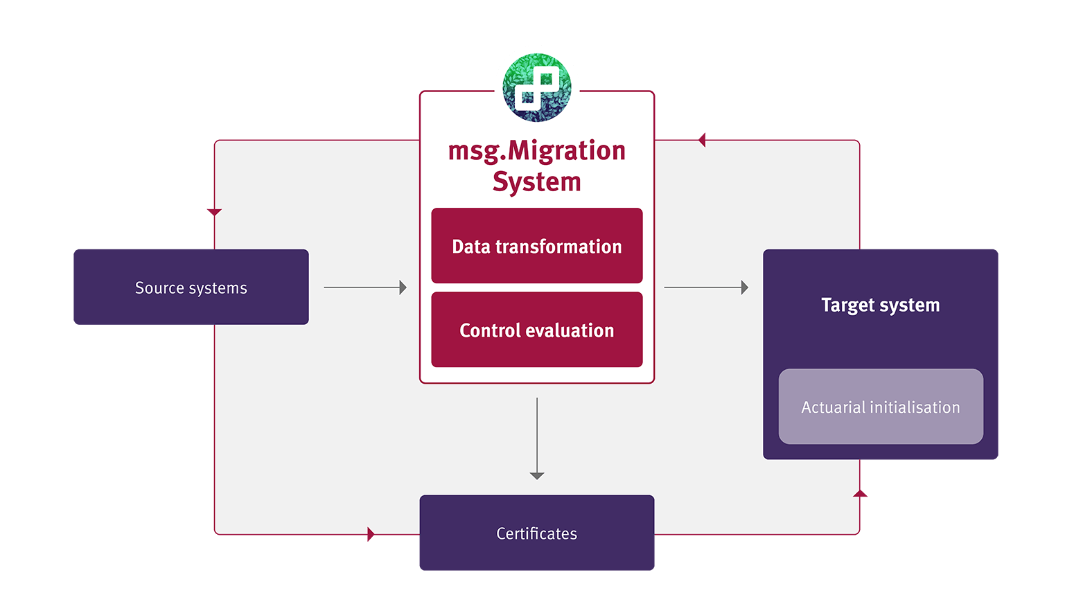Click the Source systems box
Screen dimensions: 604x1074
coord(191,287)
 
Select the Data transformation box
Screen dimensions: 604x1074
coord(536,246)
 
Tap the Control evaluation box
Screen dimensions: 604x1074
coord(536,330)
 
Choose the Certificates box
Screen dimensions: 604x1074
coord(536,533)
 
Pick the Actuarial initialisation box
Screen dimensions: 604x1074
coord(880,407)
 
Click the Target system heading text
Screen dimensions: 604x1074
coord(880,305)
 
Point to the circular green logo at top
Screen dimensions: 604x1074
coord(537,87)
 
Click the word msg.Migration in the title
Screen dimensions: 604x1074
coord(536,150)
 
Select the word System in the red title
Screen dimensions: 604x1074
coord(536,182)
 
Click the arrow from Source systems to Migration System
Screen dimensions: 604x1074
coord(365,287)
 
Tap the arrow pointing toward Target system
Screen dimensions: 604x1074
coord(706,287)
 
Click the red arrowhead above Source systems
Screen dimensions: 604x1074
coord(214,212)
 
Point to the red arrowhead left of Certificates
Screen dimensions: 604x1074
coord(371,534)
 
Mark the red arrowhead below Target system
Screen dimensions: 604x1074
coord(860,493)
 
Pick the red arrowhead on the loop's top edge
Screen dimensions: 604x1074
coord(701,140)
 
